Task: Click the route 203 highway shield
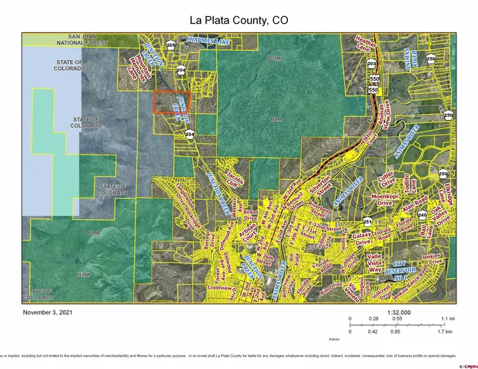click(372, 65)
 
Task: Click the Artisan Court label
click(247, 232)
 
